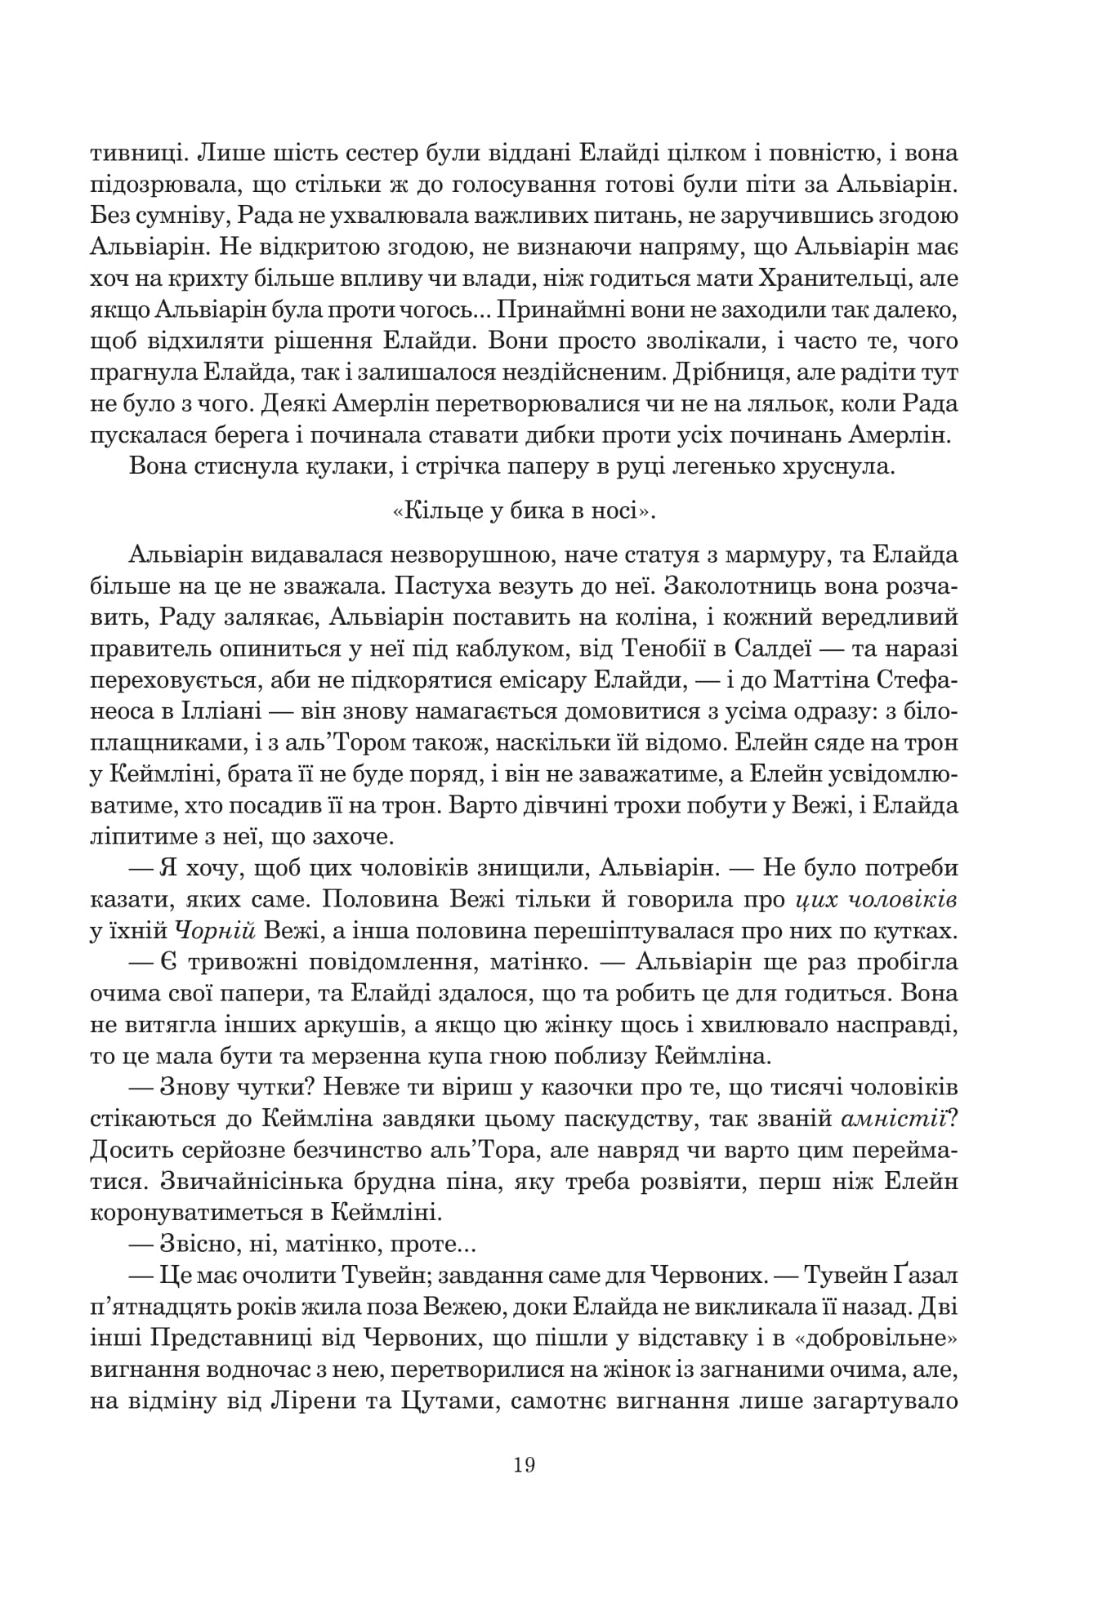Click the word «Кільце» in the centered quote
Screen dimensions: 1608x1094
432,510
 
